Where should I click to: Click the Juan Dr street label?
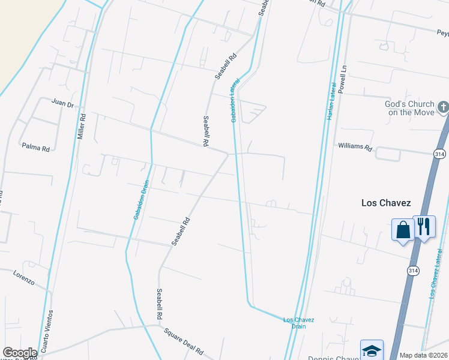62,104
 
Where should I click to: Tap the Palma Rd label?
35,146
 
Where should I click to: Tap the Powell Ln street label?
343,78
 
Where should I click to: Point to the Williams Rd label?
355,146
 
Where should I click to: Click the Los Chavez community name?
386,203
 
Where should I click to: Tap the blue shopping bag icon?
402,229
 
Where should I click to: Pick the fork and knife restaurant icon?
424,226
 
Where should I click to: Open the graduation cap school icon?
372,350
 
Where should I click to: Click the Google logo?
20,353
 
